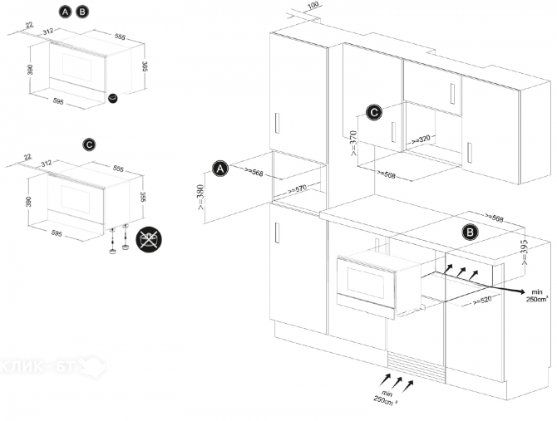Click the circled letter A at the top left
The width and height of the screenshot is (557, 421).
click(x=66, y=12)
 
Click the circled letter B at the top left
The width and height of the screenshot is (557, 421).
click(x=82, y=12)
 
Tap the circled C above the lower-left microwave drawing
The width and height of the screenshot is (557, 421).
click(x=89, y=144)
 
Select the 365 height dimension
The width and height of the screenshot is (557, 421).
click(x=144, y=66)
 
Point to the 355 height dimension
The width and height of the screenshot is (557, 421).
click(x=143, y=197)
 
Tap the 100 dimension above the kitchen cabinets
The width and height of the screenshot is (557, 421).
click(x=313, y=6)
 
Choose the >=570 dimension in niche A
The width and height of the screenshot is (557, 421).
click(x=297, y=190)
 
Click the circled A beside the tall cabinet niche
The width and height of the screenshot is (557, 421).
click(x=220, y=169)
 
